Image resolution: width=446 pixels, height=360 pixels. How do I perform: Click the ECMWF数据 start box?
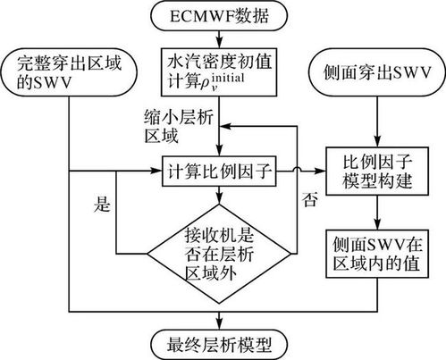(x=219, y=15)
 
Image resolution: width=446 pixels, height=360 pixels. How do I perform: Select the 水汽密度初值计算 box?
(x=219, y=72)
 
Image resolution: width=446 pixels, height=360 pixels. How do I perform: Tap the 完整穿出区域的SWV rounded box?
(x=69, y=72)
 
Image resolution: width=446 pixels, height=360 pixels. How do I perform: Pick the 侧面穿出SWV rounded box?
(x=377, y=72)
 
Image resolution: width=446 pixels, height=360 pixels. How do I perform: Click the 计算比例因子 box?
(x=219, y=171)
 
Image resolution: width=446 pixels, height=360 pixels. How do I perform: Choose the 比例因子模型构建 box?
(x=377, y=172)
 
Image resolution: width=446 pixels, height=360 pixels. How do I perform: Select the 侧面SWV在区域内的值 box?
(x=377, y=254)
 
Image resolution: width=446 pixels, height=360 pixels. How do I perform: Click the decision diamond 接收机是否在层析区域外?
(x=219, y=254)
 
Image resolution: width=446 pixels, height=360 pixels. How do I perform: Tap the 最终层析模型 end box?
(x=219, y=345)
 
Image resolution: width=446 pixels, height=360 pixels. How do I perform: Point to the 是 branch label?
(x=102, y=205)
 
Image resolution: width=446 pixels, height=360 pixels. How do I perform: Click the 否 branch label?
(x=309, y=199)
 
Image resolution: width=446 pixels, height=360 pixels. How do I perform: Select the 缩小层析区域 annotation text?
(x=179, y=126)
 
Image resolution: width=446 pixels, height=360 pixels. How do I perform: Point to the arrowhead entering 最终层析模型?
(x=219, y=324)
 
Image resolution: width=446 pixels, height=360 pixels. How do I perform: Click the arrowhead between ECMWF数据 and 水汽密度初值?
(x=219, y=43)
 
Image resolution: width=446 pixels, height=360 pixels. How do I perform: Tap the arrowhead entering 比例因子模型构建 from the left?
(x=320, y=171)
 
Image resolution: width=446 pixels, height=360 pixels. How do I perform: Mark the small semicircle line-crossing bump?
(x=297, y=169)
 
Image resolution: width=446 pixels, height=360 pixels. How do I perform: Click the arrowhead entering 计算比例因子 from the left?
(x=156, y=171)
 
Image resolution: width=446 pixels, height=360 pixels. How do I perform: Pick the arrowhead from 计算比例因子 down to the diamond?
(x=219, y=198)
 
